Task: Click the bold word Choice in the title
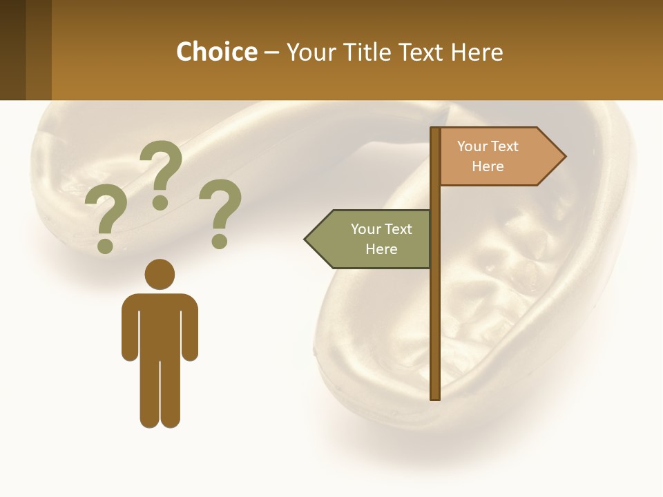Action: [x=216, y=52]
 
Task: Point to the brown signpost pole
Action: [x=435, y=311]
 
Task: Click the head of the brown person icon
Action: [x=160, y=274]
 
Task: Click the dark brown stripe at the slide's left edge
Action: [x=12, y=50]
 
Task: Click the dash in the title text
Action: [x=271, y=52]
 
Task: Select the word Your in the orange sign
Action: [x=472, y=146]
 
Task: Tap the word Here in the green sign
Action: [x=381, y=249]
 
